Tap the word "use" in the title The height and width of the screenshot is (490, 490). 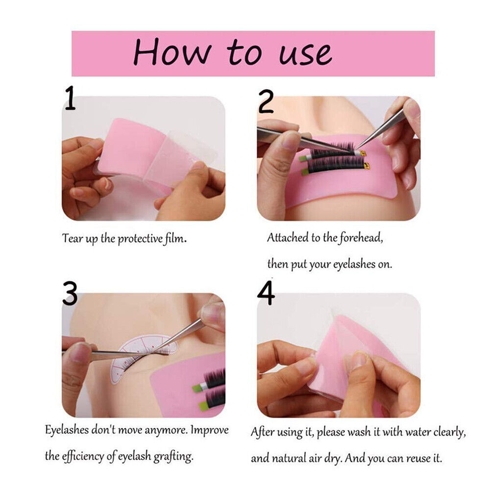305,54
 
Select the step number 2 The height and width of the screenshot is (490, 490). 266,101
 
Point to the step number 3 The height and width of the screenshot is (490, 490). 70,293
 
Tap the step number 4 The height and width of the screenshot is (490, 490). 266,293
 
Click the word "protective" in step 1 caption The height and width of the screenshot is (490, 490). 141,239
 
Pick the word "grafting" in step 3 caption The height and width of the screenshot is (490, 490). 173,457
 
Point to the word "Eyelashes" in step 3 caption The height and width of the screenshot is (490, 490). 67,430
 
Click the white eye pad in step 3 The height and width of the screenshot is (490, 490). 138,356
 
